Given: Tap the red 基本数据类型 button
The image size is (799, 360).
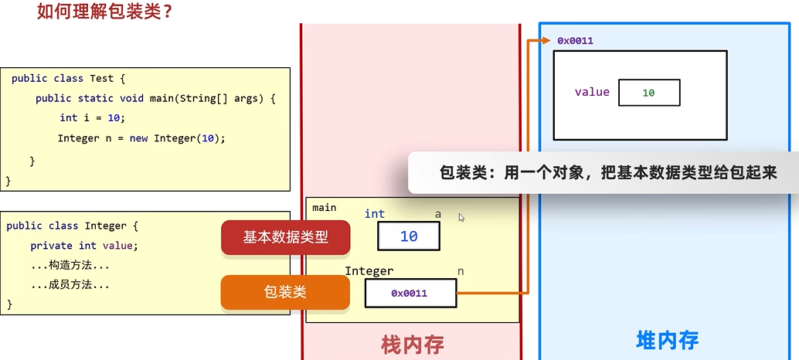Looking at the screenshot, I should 286,238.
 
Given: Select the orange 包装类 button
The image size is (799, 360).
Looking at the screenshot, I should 286,292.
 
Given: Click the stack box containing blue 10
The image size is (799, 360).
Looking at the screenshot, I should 409,236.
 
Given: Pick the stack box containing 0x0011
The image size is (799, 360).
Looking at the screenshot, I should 410,294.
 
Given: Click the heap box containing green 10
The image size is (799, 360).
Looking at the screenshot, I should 649,93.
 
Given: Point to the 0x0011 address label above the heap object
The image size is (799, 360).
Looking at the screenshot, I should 575,40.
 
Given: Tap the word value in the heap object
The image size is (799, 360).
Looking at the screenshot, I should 592,92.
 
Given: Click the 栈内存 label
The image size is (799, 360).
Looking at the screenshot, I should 413,344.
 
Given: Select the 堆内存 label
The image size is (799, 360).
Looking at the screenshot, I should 668,341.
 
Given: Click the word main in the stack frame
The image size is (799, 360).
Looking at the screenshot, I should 325,207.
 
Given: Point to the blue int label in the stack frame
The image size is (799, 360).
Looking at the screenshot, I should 375,214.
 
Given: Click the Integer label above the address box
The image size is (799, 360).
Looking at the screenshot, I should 369,271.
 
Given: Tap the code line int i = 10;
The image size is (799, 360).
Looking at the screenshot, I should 92,118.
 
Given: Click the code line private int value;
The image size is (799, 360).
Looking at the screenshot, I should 83,246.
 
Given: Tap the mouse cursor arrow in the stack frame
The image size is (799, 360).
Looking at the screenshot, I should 461,218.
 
